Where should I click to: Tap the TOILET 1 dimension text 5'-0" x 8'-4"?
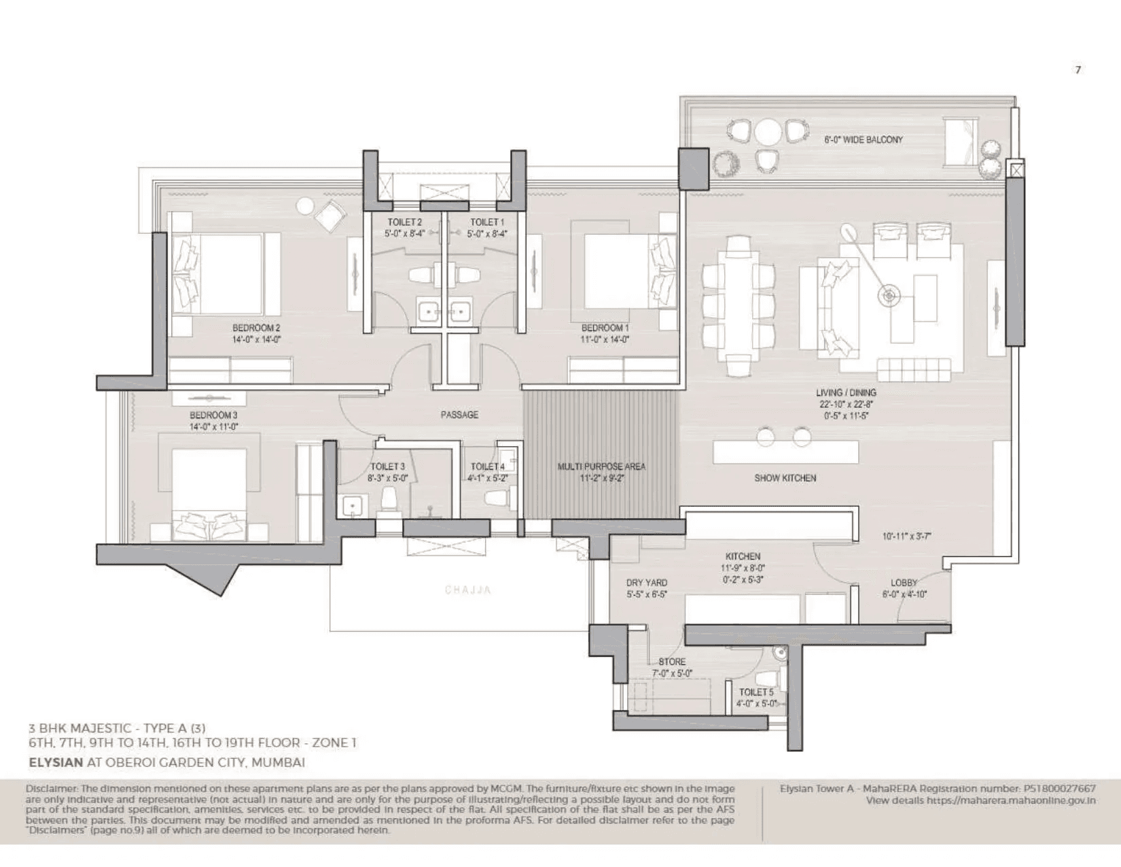click(x=486, y=233)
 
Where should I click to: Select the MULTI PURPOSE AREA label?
click(x=601, y=466)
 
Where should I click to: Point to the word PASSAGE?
click(x=459, y=415)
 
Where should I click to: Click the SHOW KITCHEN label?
click(x=785, y=478)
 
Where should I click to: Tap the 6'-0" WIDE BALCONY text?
click(x=864, y=139)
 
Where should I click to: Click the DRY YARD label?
click(x=646, y=583)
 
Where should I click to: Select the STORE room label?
click(x=671, y=662)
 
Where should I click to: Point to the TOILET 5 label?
click(x=756, y=692)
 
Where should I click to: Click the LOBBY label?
click(x=904, y=583)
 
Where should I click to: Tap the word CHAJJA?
click(x=468, y=590)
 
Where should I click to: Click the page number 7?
click(x=1078, y=69)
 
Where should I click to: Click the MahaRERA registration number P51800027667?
click(x=1058, y=789)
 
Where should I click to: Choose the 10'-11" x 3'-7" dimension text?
click(x=906, y=536)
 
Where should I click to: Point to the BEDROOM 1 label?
click(x=605, y=328)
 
